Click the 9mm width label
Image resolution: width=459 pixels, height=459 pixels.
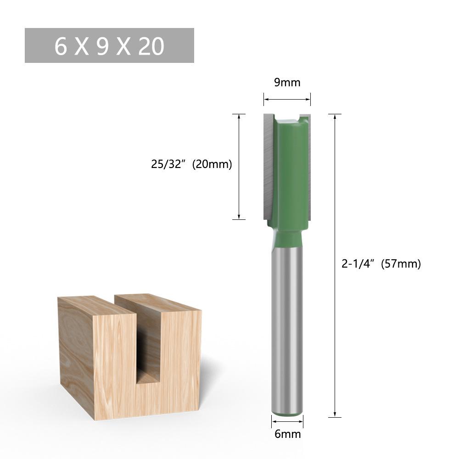click(287, 83)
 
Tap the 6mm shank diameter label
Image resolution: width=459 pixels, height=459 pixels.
click(287, 434)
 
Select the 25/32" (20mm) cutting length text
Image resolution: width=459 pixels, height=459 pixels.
click(191, 164)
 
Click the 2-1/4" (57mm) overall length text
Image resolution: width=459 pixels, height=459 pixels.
click(381, 264)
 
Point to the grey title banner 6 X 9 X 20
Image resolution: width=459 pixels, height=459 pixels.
click(109, 45)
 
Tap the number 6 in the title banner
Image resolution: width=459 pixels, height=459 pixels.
click(61, 46)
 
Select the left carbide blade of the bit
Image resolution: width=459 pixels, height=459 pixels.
click(269, 165)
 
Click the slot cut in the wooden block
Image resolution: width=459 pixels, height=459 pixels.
click(148, 349)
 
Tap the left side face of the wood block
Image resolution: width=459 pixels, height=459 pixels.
click(76, 353)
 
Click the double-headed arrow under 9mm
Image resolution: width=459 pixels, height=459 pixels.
click(287, 99)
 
